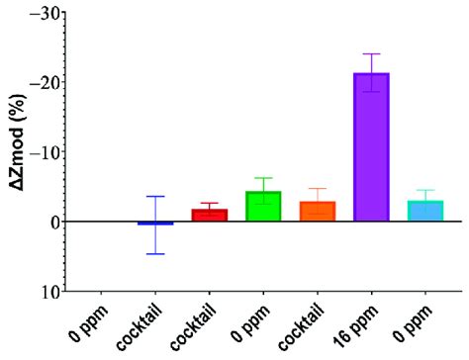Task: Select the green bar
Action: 263,206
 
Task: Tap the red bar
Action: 209,215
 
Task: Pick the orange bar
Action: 318,211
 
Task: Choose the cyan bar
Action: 425,211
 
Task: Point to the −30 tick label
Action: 41,12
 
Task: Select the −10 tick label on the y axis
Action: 41,151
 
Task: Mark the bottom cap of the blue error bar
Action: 155,254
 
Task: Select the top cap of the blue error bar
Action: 155,197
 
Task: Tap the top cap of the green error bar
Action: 263,178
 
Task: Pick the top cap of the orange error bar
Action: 318,189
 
